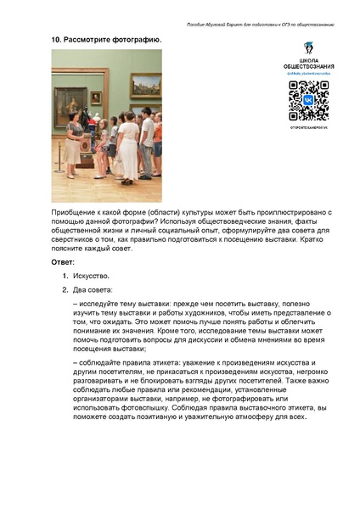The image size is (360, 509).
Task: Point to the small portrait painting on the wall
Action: (x=96, y=97)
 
